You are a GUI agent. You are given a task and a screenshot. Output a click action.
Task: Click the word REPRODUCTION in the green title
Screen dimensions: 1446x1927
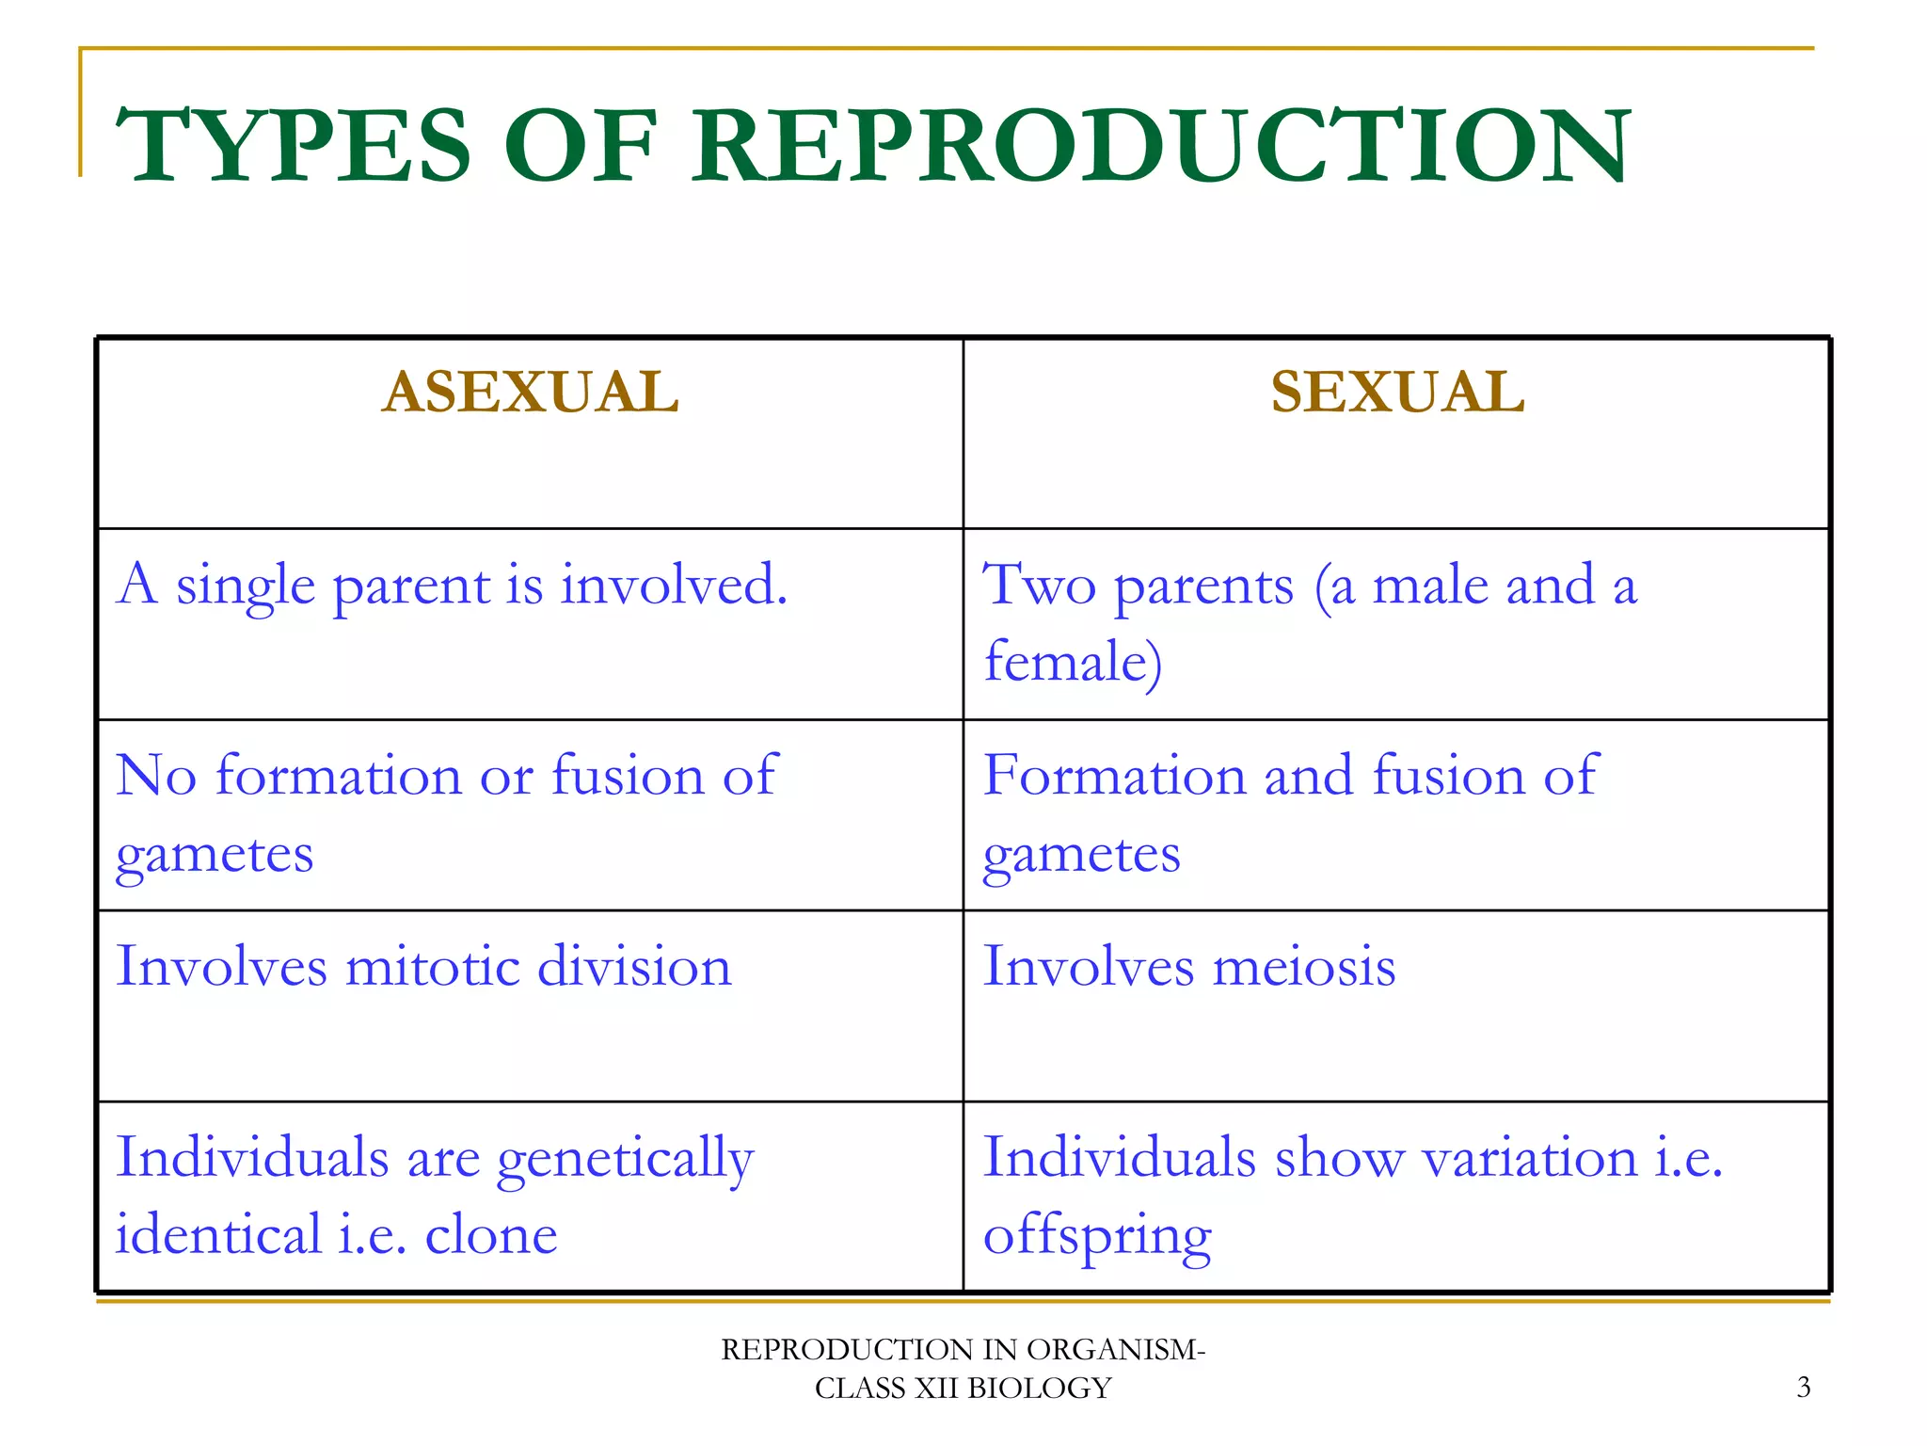[x=1160, y=146]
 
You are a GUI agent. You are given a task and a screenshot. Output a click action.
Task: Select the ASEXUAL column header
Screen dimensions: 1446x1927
[x=530, y=392]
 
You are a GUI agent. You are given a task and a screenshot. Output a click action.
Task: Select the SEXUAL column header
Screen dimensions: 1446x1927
[x=1397, y=392]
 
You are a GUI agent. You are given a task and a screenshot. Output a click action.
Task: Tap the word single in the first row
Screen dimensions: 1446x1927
[x=246, y=586]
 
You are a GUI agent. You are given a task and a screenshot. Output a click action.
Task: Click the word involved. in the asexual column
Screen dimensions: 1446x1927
[x=674, y=585]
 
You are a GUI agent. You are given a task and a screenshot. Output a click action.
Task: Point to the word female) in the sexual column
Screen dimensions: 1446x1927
[x=1073, y=661]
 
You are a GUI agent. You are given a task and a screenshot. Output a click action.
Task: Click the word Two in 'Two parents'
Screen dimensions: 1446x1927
[x=1039, y=585]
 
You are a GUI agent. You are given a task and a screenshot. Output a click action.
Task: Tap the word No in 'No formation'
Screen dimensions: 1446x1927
[x=156, y=776]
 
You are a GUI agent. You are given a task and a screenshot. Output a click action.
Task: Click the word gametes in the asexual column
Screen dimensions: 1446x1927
[x=215, y=856]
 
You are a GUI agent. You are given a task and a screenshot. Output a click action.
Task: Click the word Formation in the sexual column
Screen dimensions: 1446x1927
[x=1114, y=776]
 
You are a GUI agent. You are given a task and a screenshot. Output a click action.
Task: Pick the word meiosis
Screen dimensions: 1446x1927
[x=1304, y=967]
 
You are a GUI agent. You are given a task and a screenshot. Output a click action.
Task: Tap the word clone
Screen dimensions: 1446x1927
[x=491, y=1235]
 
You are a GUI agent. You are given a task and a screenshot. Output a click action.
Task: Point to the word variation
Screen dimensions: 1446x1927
[x=1529, y=1157]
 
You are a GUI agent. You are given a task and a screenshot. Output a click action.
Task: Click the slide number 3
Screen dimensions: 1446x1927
[x=1803, y=1388]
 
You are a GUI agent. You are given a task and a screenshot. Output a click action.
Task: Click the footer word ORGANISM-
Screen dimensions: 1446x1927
[x=1116, y=1349]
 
